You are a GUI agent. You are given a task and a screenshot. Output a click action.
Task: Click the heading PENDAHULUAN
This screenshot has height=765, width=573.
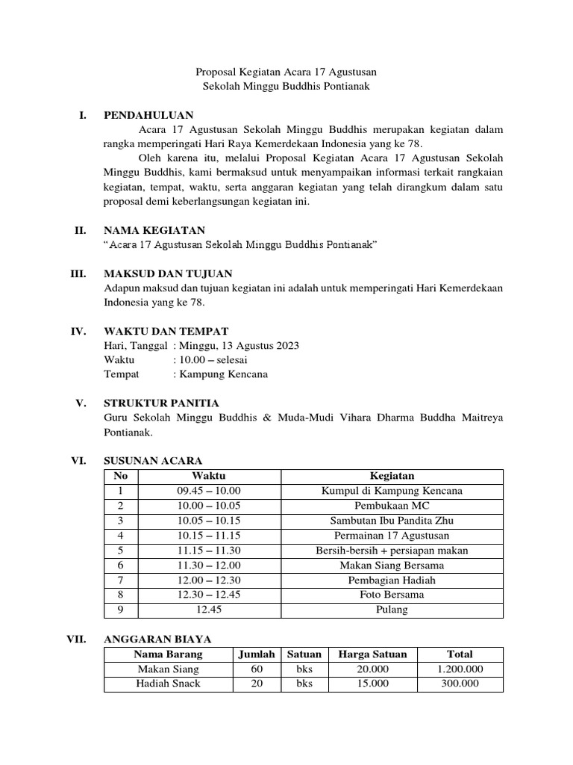tap(148, 115)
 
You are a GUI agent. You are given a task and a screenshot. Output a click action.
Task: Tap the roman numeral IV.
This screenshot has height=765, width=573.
tap(80, 331)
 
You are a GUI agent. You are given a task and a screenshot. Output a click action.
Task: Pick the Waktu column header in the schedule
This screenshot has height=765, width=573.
tap(208, 476)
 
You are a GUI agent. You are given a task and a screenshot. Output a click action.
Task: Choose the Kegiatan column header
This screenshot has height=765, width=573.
tap(392, 476)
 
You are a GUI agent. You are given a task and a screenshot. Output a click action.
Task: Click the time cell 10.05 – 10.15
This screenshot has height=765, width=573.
tap(208, 521)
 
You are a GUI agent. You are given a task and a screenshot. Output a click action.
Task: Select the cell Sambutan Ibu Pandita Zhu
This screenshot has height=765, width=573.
tap(392, 521)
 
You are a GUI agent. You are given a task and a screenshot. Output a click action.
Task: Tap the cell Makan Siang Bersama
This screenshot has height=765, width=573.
tap(392, 566)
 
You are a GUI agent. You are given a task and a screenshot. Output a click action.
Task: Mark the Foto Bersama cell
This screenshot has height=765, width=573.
tap(392, 595)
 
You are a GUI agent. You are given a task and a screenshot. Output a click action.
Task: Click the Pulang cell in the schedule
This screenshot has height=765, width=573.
tap(392, 610)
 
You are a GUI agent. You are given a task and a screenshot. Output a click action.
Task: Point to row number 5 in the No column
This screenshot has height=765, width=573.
tap(119, 551)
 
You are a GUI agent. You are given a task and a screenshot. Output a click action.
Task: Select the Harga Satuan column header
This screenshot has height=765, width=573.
tap(372, 654)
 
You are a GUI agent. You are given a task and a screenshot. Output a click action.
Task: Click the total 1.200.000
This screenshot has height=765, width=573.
tap(460, 669)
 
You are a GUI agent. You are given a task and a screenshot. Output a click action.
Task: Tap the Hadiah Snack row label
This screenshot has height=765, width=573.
tap(168, 684)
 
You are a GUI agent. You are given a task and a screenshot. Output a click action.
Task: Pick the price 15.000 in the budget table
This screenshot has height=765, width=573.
tap(372, 684)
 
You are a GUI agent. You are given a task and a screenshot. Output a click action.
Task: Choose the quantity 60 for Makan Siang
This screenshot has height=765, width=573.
tap(257, 669)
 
